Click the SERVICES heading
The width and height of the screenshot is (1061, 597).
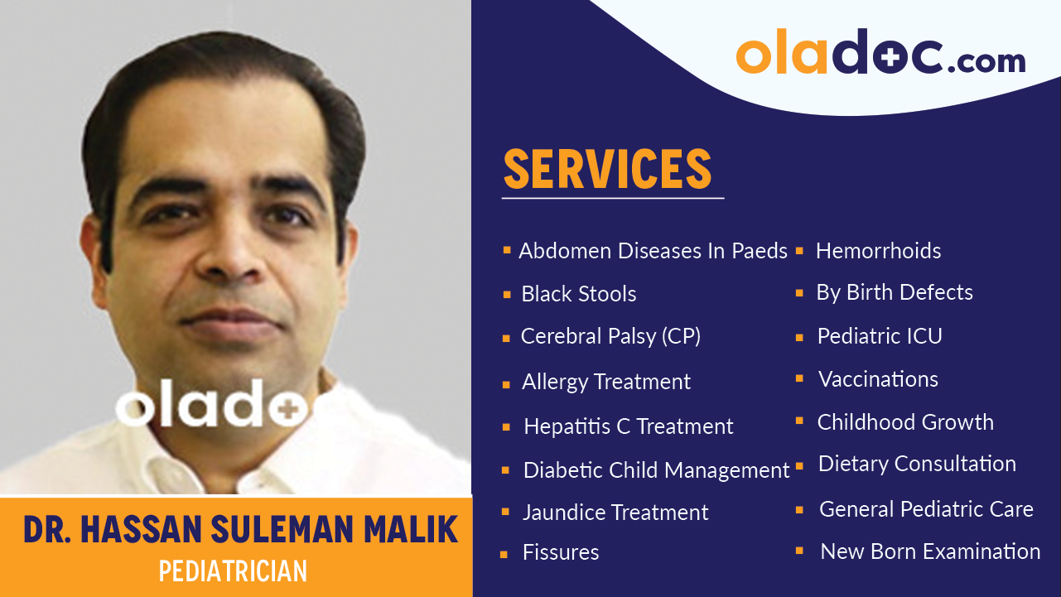(607, 169)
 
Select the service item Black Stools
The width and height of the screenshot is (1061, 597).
(578, 294)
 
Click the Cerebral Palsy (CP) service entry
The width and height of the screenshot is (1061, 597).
(610, 337)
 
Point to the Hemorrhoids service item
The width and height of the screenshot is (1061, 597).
(878, 251)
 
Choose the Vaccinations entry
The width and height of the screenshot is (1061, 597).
(878, 379)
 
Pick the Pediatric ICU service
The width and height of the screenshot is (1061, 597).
(880, 336)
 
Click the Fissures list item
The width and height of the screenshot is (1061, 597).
(561, 552)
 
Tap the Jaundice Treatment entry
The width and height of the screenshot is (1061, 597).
(615, 513)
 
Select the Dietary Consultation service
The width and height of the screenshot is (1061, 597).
(917, 464)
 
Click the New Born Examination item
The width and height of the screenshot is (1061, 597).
(930, 551)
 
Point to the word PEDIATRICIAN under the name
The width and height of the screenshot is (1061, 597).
(233, 571)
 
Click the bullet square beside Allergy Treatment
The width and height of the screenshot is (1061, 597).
(506, 385)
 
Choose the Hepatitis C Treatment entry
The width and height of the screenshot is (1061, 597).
(628, 426)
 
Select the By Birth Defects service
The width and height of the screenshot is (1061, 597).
(895, 292)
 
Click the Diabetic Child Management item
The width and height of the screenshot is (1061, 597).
(656, 470)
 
